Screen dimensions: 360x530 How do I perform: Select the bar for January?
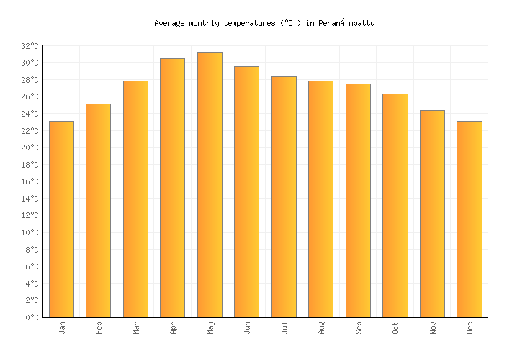point(61,219)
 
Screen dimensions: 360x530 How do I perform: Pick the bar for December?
point(469,219)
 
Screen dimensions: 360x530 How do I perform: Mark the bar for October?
point(395,205)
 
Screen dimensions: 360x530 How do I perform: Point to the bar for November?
point(432,213)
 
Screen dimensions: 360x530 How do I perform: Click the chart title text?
point(264,23)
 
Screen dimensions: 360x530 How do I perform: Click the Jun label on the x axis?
point(247,328)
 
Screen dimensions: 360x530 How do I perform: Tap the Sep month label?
point(359,328)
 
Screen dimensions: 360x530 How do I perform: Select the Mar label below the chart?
point(136,328)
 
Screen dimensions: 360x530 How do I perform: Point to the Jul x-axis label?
point(284,328)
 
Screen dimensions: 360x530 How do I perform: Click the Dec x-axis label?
point(470,328)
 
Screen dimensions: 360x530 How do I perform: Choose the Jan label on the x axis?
point(62,328)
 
